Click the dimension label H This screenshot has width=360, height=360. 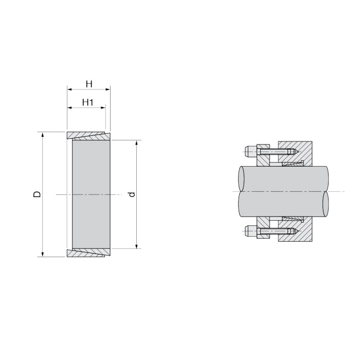89,84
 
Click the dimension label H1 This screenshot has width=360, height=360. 88,102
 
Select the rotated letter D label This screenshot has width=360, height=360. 37,194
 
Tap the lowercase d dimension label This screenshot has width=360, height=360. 132,194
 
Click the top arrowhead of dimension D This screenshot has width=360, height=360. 43,135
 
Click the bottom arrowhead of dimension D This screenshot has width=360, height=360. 43,254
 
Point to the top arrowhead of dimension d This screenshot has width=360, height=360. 137,142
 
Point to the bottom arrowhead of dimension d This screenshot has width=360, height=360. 137,246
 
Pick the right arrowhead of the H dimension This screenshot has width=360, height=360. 107,89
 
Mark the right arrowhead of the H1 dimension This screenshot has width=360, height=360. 103,107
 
